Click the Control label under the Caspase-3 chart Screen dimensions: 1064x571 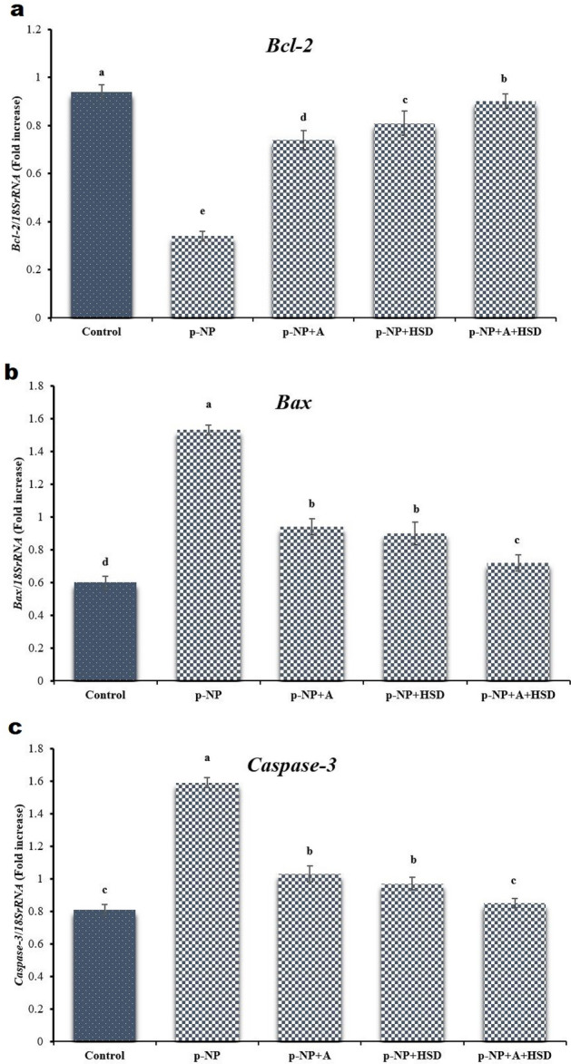(x=104, y=1055)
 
